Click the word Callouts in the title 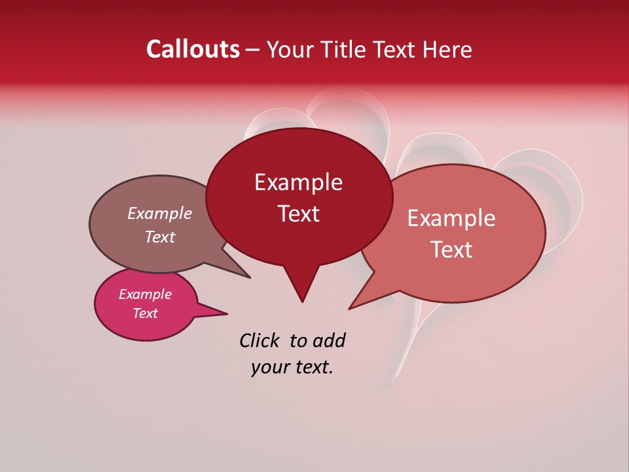click(193, 49)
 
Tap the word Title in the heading click(346, 49)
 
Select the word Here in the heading click(448, 49)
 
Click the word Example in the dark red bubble click(298, 182)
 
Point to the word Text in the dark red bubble click(298, 213)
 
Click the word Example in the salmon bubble click(451, 218)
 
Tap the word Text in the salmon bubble click(452, 249)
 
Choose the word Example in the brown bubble click(160, 213)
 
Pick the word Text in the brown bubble click(160, 237)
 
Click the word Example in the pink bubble click(145, 294)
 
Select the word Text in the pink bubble click(145, 313)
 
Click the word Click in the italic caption click(261, 340)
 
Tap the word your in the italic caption click(269, 367)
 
